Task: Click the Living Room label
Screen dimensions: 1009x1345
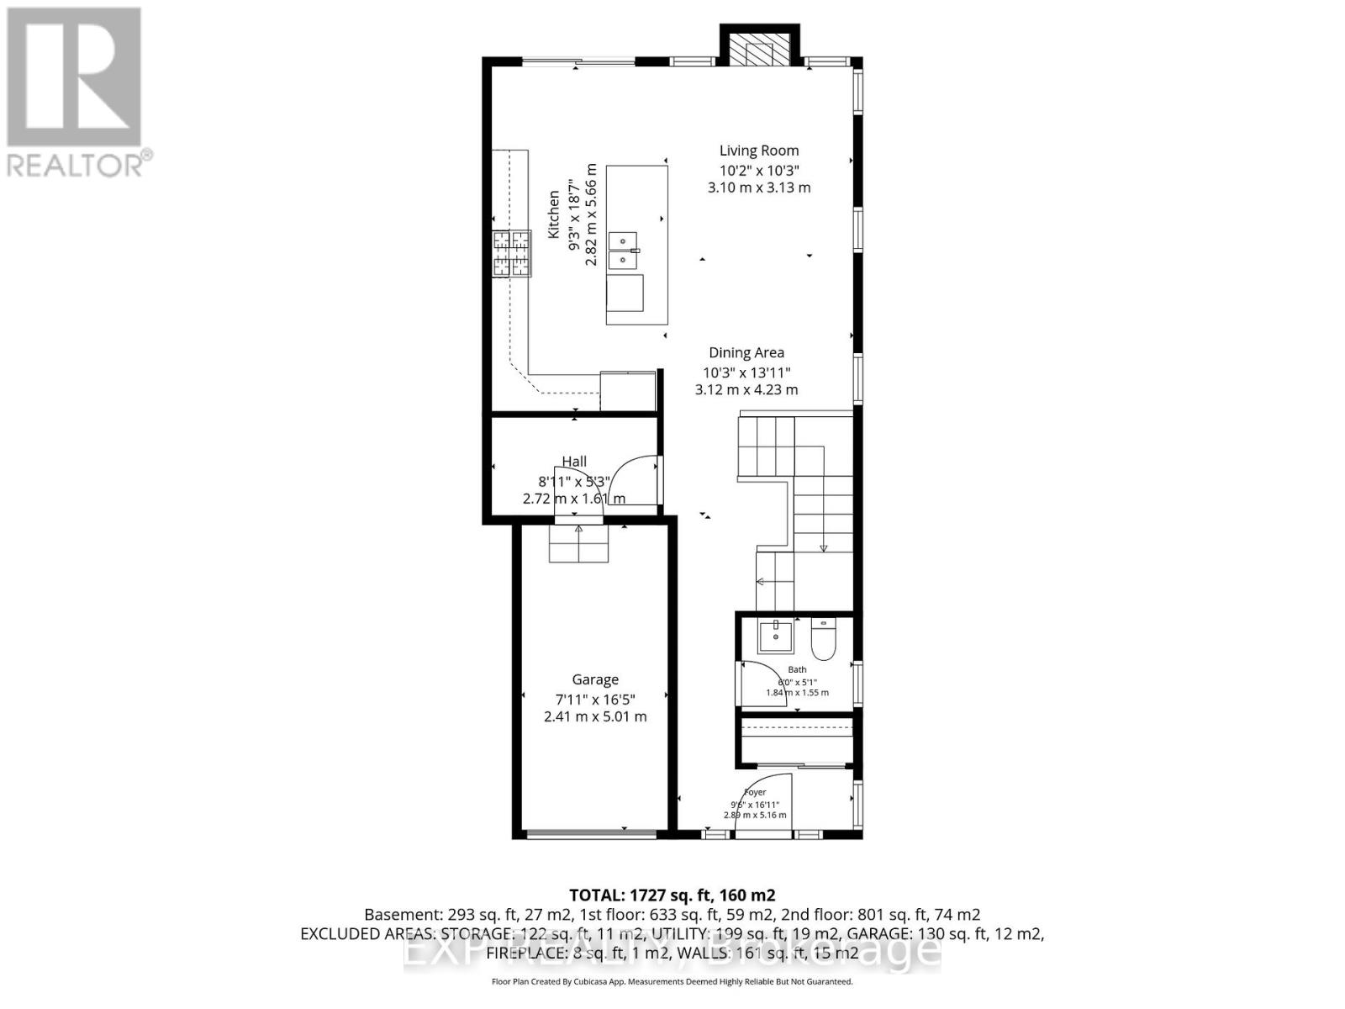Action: [x=758, y=151]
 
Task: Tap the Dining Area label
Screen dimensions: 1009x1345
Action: [x=746, y=353]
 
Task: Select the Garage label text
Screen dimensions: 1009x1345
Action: [x=595, y=679]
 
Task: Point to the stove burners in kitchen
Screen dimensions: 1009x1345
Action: [x=512, y=254]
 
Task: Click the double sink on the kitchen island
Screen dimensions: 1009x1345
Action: [x=623, y=251]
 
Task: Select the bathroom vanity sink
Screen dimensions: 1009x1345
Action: [x=774, y=637]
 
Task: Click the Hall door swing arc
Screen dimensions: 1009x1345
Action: [x=630, y=479]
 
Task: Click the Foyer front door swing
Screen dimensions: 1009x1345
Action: [x=761, y=803]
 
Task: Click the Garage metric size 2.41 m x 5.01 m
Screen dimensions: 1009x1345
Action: [x=595, y=716]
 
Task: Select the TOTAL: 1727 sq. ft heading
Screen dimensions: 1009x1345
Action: [x=672, y=895]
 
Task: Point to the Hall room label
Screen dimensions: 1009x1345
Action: [x=574, y=461]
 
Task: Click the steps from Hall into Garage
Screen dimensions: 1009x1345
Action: [x=578, y=542]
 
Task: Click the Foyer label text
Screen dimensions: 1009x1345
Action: [x=755, y=792]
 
